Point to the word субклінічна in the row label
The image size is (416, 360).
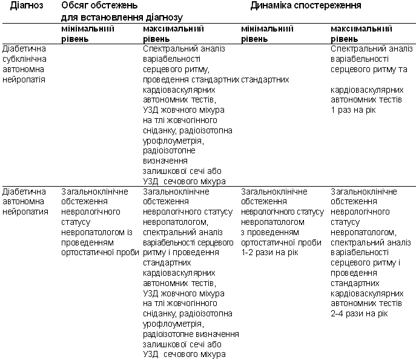point(24,59)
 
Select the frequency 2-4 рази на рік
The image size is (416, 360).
point(360,313)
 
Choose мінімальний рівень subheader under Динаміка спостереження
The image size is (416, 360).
point(267,33)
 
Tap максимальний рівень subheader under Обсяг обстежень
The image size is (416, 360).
point(173,33)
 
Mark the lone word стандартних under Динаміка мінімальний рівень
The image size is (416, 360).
point(265,80)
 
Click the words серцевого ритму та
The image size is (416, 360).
point(369,70)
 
